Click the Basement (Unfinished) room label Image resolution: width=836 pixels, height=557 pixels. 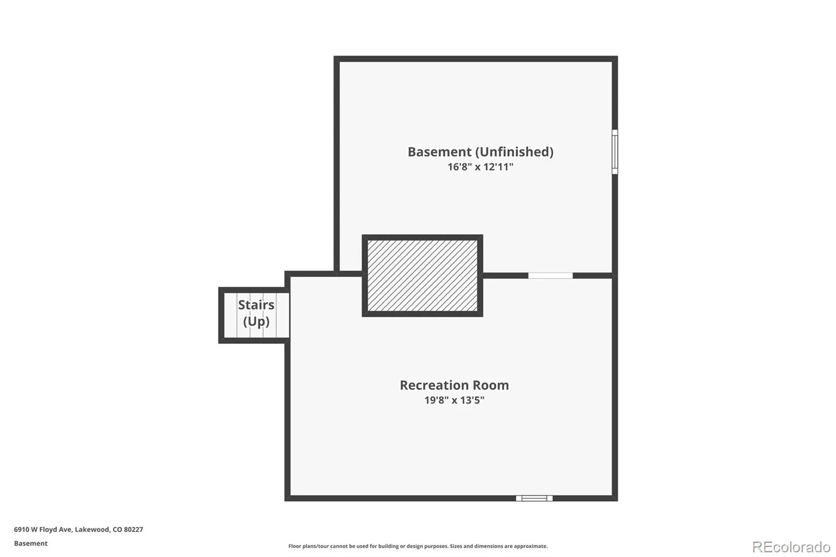tap(480, 152)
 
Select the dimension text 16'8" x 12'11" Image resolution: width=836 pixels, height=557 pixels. tap(480, 167)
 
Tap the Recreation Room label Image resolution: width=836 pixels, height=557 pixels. tap(454, 385)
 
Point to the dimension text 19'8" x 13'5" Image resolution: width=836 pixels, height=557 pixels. tap(454, 400)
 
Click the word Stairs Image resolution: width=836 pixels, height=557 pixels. tap(256, 305)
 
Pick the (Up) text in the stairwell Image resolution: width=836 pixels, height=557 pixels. tap(256, 321)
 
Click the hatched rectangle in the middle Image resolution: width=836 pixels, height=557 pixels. tap(423, 275)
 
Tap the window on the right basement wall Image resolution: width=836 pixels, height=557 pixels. tap(614, 152)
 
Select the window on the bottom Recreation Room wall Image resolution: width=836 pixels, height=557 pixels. tap(534, 498)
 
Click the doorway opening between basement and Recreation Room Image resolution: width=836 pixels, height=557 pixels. tap(551, 275)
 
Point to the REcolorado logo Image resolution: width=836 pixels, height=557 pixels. tap(791, 547)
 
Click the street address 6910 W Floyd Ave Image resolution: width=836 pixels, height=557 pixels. tap(43, 529)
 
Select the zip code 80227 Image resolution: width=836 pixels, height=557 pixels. tap(134, 529)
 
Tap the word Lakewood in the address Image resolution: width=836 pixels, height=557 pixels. tap(92, 529)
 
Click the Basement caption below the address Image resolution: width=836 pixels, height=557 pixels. tap(31, 543)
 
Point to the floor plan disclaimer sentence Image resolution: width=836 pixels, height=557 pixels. tap(418, 546)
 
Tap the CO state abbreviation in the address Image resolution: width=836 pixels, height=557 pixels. tap(117, 529)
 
